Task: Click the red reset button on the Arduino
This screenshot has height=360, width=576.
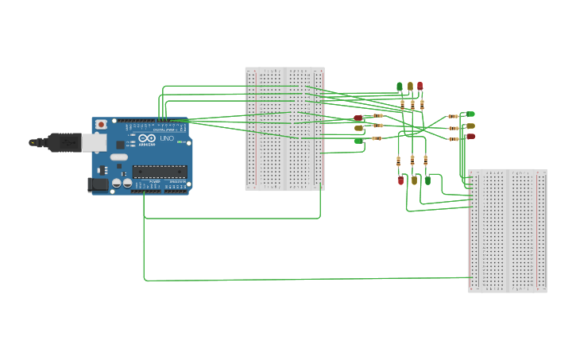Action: [x=102, y=125]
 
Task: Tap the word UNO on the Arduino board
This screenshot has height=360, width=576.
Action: [x=167, y=139]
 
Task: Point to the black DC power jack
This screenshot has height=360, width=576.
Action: [x=97, y=184]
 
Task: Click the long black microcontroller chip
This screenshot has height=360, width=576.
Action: [x=160, y=170]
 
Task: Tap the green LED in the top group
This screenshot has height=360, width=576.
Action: [x=400, y=87]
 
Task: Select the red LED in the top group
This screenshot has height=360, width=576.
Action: [x=420, y=86]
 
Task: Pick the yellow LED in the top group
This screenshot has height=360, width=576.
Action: [x=410, y=86]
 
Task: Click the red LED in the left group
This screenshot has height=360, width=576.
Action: [x=358, y=118]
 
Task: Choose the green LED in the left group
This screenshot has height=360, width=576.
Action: [x=358, y=141]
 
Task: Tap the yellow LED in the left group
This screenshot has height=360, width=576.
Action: [x=358, y=128]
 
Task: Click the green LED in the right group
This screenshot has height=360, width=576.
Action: [x=471, y=114]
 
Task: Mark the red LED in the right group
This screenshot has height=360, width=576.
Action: [x=471, y=136]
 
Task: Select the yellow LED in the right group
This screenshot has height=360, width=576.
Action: [x=471, y=126]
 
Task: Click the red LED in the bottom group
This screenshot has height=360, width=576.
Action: [x=400, y=180]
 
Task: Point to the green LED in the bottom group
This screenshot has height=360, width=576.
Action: [x=427, y=180]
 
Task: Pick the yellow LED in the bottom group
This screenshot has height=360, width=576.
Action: [x=414, y=180]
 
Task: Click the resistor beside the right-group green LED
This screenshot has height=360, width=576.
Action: [x=453, y=117]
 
